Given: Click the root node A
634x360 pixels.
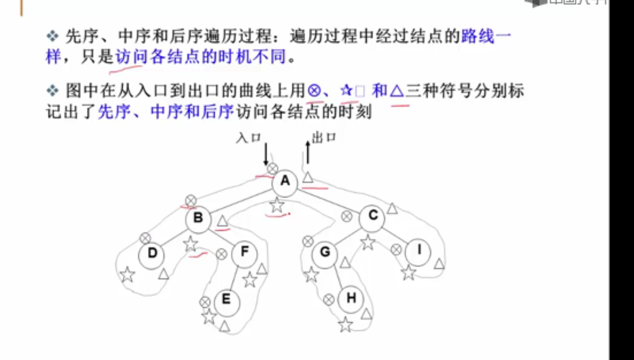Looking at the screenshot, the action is pos(284,182).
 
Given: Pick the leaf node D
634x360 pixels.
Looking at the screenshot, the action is pos(152,253).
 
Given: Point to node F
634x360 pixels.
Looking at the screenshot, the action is pos(245,252).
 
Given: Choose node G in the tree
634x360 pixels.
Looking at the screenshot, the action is pos(325,252).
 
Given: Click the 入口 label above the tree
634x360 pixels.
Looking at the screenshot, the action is pos(248,138).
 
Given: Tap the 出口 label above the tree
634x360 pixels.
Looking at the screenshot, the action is pos(324,138).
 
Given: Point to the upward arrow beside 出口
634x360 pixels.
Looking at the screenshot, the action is pos(308,152).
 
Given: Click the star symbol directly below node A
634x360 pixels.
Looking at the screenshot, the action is pos(277,204).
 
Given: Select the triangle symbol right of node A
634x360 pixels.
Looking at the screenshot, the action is pos(307,177).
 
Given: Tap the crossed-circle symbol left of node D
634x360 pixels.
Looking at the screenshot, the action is pos(144,237).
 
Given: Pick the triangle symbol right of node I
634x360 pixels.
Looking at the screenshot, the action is pos(439,263).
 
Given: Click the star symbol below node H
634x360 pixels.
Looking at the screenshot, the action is pos(345,324).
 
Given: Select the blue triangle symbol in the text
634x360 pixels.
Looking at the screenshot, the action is pos(396,91).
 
